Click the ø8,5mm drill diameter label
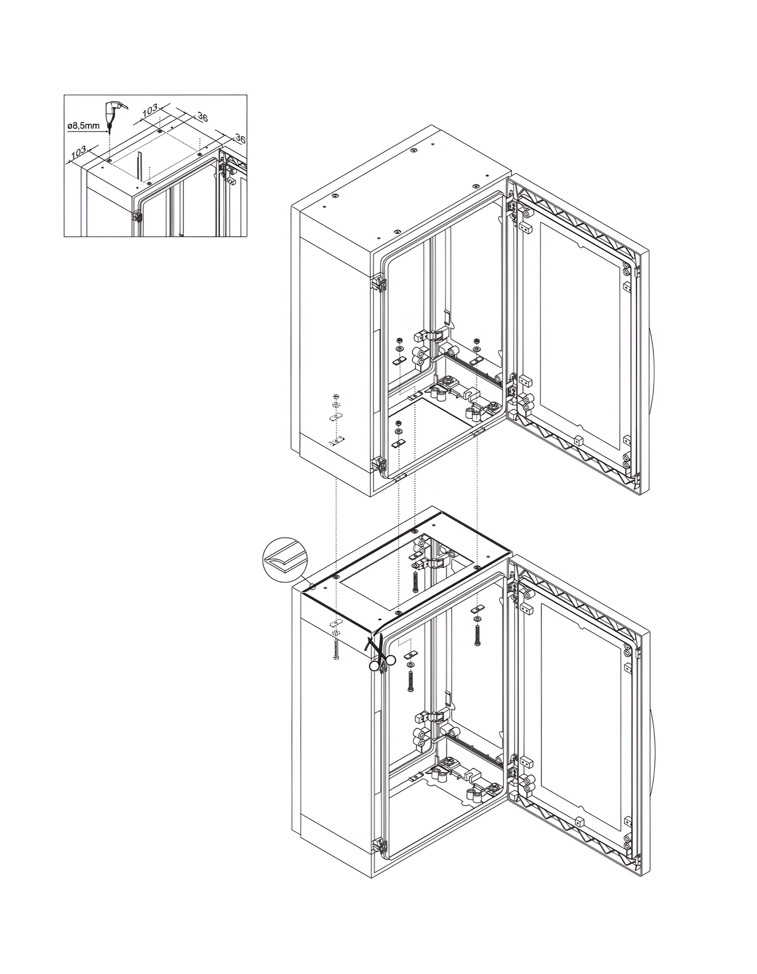pos(83,126)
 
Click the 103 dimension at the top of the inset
pos(149,110)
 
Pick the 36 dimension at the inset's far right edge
pos(240,139)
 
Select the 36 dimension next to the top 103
pos(202,117)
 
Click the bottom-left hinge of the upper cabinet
pos(379,464)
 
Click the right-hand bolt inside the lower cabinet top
pos(477,633)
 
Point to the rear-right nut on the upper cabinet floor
pos(477,340)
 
